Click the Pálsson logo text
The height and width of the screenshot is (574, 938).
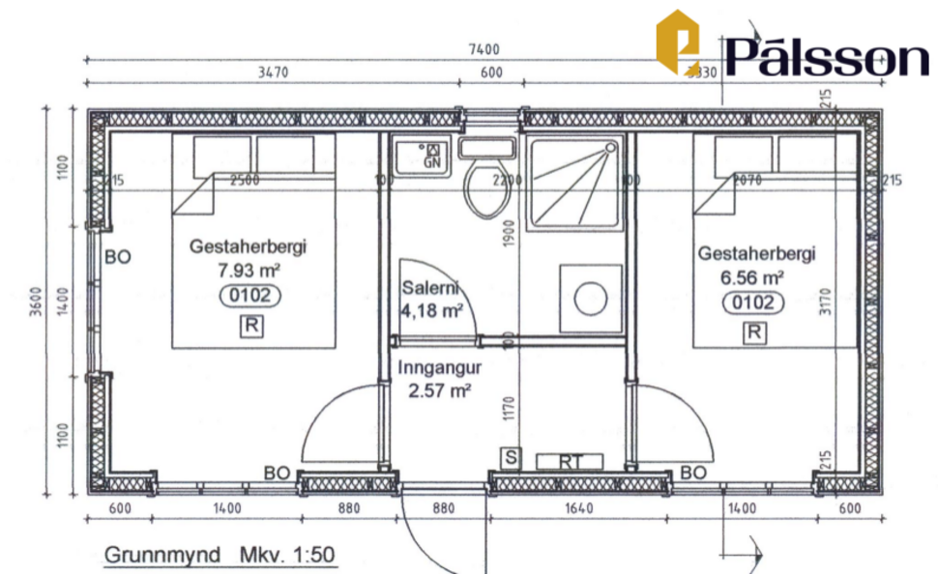coord(827,58)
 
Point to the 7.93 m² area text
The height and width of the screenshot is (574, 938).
coord(249,271)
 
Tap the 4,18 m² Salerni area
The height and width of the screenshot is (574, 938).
coord(430,311)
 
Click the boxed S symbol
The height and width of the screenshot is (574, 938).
coord(509,456)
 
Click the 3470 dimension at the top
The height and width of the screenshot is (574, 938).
coord(276,72)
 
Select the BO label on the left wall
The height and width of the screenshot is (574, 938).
coord(118,257)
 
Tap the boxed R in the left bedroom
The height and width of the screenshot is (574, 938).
coord(250,326)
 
